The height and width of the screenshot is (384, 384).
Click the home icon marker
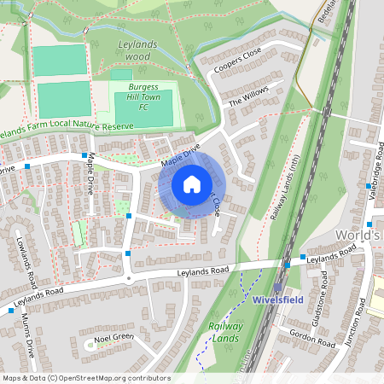pos(192,183)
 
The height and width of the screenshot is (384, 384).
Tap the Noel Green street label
pos(114,337)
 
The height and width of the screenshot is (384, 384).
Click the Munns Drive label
pos(28,336)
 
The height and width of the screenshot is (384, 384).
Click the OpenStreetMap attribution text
pos(86,378)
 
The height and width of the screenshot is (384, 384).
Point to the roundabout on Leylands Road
pos(128,280)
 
